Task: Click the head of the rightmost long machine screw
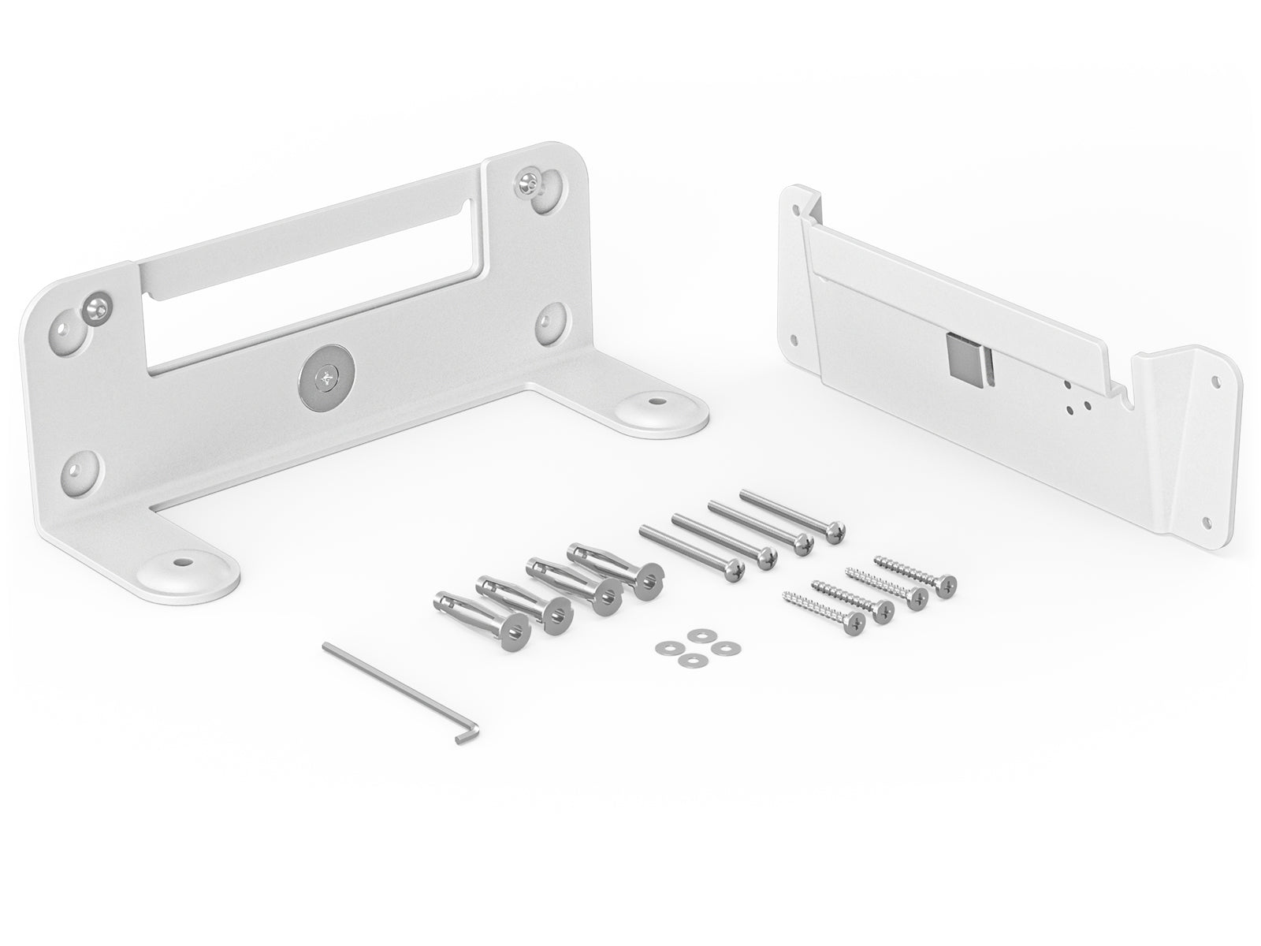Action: tap(835, 534)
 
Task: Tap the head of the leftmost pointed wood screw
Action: tap(854, 624)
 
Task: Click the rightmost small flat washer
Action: tap(720, 646)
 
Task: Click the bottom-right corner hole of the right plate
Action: tap(1207, 521)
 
